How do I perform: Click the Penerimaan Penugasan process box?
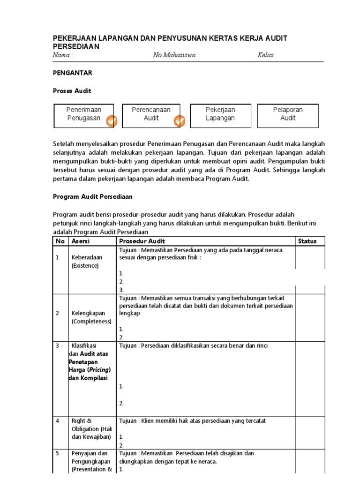pos(84,115)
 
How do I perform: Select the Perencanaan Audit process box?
pos(152,115)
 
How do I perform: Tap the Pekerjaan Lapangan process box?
pos(220,115)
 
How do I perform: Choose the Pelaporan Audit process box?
pos(288,115)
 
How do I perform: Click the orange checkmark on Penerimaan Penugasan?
pos(111,121)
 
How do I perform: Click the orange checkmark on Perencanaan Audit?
pos(180,121)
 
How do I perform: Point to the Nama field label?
pos(62,55)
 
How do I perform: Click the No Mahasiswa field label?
pos(176,55)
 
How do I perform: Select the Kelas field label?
pos(266,55)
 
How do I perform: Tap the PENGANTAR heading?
pos(72,73)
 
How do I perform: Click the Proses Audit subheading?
pos(72,91)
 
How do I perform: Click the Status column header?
pos(307,241)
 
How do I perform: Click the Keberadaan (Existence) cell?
pos(87,262)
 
